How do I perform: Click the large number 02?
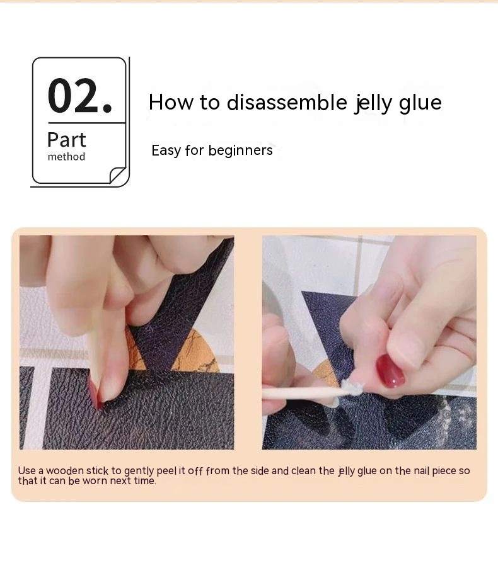(79, 96)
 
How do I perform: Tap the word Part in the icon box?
(67, 140)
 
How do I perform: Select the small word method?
(66, 157)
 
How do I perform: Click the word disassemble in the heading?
(287, 103)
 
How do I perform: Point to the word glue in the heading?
(420, 103)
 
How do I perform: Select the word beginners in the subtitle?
(240, 150)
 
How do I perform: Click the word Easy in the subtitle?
(166, 150)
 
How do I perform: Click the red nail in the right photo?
(390, 370)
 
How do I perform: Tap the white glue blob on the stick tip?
(351, 388)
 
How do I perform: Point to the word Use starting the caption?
(26, 470)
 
